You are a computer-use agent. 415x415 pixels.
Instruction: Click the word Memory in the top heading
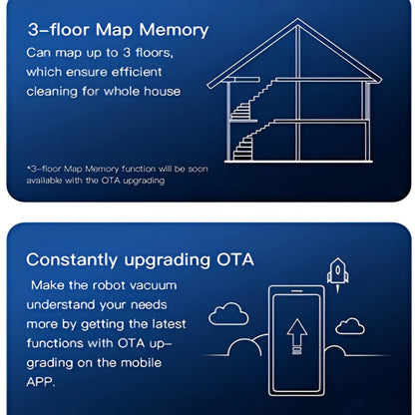click(x=174, y=30)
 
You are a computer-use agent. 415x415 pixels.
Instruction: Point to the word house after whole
click(x=163, y=91)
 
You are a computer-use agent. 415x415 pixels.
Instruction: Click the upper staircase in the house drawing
click(x=252, y=100)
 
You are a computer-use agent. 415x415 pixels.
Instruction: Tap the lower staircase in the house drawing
click(x=253, y=142)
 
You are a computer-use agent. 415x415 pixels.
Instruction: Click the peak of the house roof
click(x=297, y=19)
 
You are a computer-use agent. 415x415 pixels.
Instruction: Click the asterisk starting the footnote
click(x=29, y=168)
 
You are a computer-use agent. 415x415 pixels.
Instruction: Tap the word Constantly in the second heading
click(x=72, y=260)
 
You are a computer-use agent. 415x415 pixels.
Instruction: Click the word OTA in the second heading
click(x=235, y=259)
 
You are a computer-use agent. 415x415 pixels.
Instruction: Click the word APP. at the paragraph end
click(x=41, y=382)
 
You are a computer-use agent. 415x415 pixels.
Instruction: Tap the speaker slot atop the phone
click(x=296, y=291)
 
